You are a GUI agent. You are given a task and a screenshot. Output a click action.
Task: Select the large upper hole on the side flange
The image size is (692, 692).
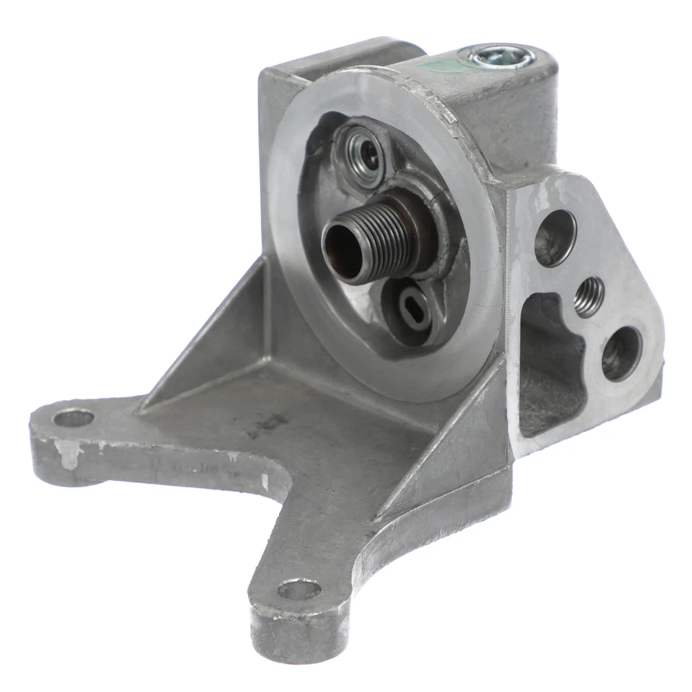[x=554, y=236]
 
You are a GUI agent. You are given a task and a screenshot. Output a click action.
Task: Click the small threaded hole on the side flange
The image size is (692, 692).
[x=589, y=296]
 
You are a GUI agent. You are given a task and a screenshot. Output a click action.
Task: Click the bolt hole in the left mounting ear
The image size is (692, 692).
[x=74, y=418]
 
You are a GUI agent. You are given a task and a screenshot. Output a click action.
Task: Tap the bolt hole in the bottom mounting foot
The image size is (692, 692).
[x=298, y=590]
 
